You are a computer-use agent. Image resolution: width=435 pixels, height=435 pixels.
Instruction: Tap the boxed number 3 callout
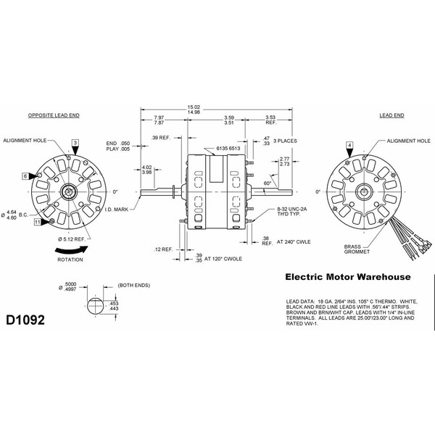click(75, 144)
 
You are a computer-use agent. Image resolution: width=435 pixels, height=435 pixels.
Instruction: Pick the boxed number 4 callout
click(350, 146)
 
